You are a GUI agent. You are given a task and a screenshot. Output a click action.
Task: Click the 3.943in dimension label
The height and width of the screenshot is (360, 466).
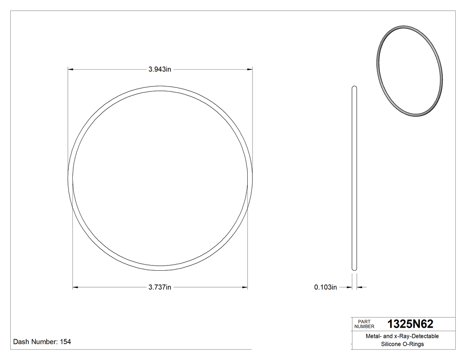(160, 69)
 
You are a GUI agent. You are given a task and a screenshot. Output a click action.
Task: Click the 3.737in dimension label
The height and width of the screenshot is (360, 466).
(160, 288)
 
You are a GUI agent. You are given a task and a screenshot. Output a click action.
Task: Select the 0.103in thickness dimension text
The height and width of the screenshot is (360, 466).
(326, 288)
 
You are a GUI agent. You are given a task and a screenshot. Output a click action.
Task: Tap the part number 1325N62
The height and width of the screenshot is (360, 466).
(411, 324)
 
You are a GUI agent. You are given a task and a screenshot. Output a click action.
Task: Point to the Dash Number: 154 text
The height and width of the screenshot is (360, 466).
(42, 342)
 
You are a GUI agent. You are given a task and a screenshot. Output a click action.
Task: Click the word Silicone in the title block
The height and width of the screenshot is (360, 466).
(386, 344)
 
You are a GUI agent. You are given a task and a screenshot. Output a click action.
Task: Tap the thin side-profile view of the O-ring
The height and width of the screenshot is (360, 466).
(354, 178)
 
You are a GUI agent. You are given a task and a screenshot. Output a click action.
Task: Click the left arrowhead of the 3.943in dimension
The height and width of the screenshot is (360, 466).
(70, 69)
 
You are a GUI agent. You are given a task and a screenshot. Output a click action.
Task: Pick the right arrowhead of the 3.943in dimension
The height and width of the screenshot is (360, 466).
(250, 69)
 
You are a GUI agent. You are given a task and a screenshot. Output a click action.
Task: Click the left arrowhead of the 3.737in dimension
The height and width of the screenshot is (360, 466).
(75, 288)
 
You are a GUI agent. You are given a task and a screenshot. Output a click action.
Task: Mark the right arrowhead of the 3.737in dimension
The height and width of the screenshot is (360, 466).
(245, 288)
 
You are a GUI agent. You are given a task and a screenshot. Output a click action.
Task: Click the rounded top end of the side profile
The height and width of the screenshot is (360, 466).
(354, 87)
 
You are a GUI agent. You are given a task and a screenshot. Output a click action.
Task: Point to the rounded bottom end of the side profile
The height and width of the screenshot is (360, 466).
(354, 268)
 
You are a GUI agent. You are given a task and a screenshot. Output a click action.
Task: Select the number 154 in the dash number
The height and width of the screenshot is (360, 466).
(65, 342)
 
